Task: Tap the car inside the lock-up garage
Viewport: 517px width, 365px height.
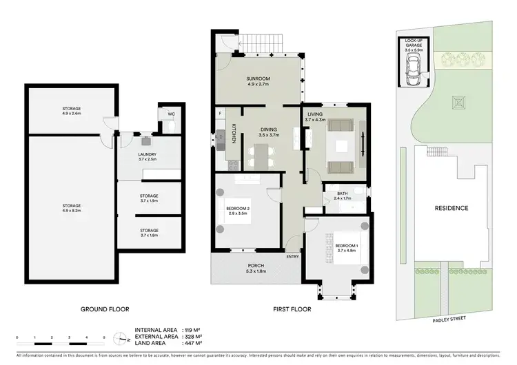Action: pos(414,67)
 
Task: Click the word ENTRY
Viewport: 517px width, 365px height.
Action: pos(294,257)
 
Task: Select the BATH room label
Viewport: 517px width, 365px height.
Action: pos(342,194)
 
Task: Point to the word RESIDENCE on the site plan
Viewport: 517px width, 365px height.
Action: pos(451,208)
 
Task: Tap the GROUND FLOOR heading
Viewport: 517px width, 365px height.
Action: pos(105,309)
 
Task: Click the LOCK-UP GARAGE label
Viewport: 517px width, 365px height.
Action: pos(414,43)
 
